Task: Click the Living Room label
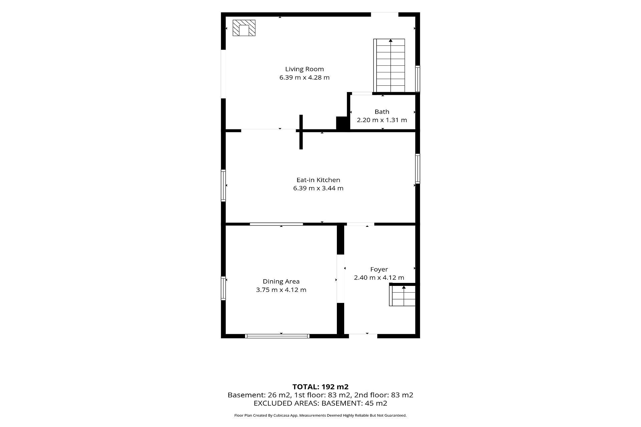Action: [304, 69]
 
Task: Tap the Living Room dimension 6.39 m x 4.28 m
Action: [304, 77]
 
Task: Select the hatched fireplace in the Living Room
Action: [244, 28]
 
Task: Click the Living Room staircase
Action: [389, 65]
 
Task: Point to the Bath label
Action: [382, 112]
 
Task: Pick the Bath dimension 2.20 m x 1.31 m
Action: [382, 120]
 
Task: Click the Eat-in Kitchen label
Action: [318, 180]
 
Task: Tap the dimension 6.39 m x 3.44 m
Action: [318, 188]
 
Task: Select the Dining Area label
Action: [281, 282]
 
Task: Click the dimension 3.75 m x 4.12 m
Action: [281, 290]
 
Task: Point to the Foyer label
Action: [379, 269]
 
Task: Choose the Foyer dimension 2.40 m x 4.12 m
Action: [379, 278]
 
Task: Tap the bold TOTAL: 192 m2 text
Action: [320, 387]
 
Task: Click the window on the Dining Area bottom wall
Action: [277, 336]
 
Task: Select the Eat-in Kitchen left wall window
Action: [223, 185]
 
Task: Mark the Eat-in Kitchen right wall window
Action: [417, 168]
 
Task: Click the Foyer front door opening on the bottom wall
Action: [363, 336]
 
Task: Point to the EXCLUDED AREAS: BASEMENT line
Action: [320, 403]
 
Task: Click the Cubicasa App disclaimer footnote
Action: [320, 416]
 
